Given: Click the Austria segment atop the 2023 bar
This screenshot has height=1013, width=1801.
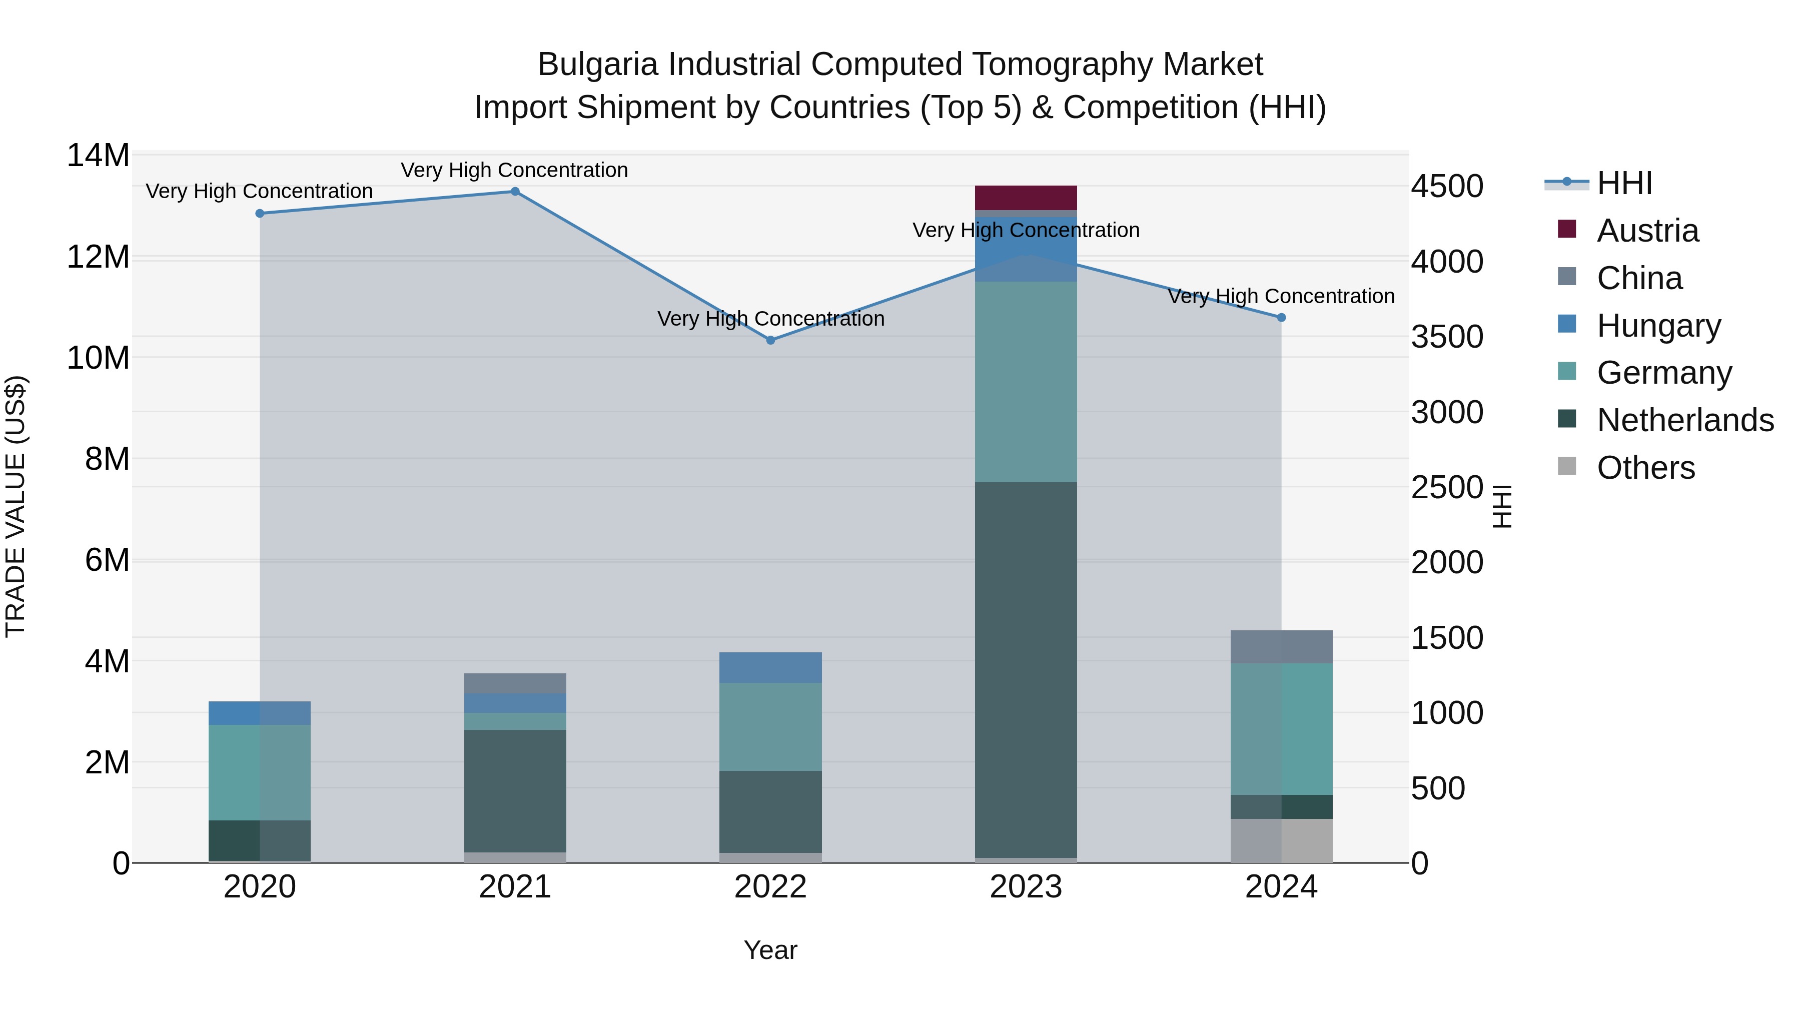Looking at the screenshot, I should click(x=1026, y=197).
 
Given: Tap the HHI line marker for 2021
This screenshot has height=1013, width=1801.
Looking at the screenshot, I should click(x=515, y=192).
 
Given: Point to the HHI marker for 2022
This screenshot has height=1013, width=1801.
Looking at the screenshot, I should click(x=770, y=341).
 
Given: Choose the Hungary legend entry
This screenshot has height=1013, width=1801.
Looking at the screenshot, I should click(x=1658, y=326).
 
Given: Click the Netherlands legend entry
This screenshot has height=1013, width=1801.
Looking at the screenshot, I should click(x=1684, y=420).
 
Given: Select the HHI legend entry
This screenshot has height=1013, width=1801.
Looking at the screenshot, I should click(x=1623, y=183).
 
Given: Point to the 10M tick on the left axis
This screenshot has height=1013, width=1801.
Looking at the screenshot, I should click(x=98, y=358).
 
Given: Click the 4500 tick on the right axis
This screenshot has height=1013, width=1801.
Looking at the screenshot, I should click(x=1446, y=187).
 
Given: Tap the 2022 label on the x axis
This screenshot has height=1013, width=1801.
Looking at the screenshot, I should click(x=770, y=887).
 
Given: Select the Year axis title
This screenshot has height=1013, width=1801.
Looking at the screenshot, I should click(x=770, y=950).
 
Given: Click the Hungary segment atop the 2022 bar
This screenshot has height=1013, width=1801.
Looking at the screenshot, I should click(x=770, y=668).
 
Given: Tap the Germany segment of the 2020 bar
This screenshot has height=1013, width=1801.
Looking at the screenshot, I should click(x=259, y=772).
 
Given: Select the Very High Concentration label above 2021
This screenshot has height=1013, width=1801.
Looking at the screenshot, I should click(x=515, y=170).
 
